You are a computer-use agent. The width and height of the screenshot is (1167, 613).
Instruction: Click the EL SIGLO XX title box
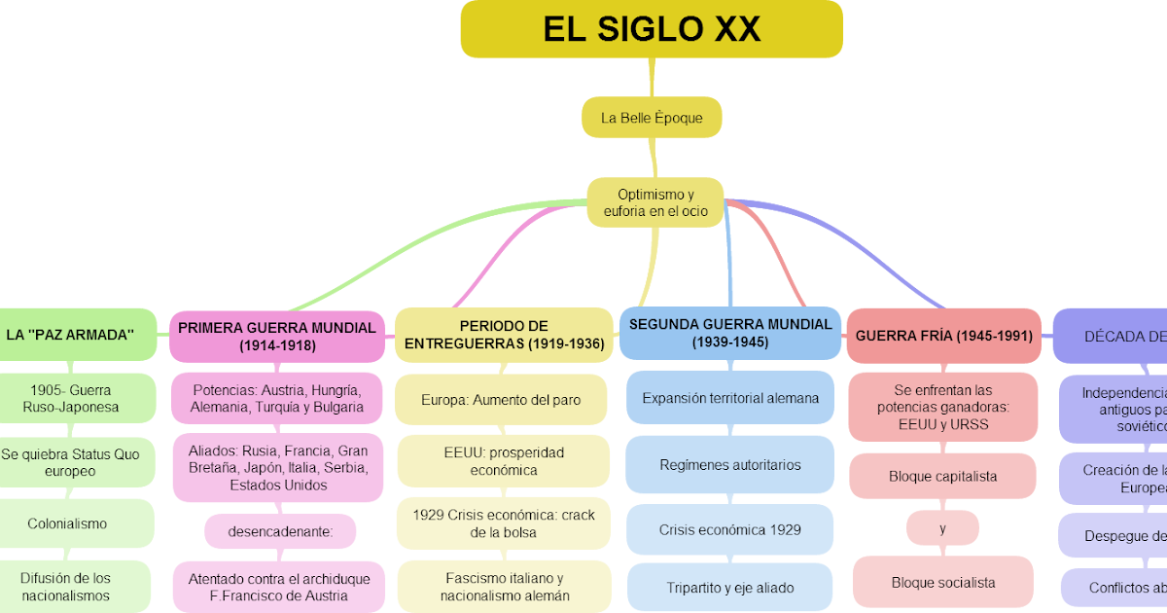point(652,29)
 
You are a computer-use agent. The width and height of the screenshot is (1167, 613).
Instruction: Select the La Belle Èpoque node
point(652,118)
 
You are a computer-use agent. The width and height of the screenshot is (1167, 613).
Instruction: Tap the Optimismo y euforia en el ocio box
point(655,202)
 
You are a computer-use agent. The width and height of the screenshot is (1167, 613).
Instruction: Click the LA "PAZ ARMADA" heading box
point(70,335)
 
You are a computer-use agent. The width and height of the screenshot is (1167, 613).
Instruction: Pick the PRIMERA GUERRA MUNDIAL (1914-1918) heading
point(277,336)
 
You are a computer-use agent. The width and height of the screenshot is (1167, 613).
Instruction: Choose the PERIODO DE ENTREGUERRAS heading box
point(504,335)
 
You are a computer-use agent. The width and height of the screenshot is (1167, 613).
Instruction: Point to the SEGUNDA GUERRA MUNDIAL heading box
point(730,333)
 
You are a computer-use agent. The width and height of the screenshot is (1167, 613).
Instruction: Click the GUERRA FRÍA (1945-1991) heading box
point(943,336)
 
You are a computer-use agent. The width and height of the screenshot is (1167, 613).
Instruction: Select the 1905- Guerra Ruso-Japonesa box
point(71,398)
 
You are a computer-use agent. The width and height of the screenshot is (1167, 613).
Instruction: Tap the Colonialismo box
point(67,523)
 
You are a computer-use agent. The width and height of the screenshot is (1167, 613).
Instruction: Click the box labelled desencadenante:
point(280,532)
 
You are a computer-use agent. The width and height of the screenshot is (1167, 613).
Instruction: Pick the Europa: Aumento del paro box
point(501,400)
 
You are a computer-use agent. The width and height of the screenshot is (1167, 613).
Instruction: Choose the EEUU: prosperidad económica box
point(501,461)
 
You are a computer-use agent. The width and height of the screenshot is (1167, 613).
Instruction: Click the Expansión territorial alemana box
point(730,398)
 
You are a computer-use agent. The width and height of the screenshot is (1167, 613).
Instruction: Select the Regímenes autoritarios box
point(730,465)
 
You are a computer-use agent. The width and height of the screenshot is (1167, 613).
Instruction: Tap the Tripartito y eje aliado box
point(730,588)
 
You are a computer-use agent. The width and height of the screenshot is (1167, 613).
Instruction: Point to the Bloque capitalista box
point(942,477)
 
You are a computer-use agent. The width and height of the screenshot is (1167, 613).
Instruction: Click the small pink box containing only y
point(942,528)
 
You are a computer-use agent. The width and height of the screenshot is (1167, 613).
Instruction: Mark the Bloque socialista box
point(942,583)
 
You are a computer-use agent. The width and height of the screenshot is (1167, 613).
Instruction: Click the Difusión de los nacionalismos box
point(67,586)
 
